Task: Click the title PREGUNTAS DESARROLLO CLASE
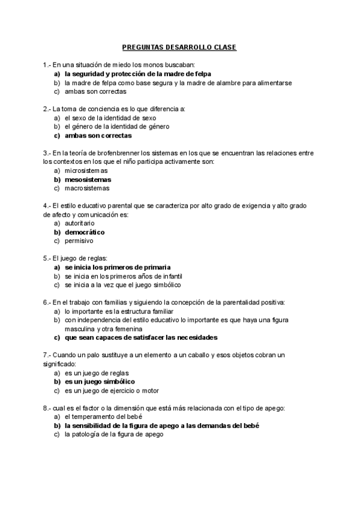[179, 46]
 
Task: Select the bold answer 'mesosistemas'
[88, 179]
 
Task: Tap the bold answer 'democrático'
[85, 232]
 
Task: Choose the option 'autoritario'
[80, 223]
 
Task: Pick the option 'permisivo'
[79, 241]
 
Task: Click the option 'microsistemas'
[86, 170]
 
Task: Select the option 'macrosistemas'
[87, 188]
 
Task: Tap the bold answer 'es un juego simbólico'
[100, 381]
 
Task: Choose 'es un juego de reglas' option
[97, 373]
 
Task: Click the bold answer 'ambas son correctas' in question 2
[98, 136]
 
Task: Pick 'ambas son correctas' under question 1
[95, 92]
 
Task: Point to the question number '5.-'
[48, 258]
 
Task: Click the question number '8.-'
[48, 408]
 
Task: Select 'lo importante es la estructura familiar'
[119, 312]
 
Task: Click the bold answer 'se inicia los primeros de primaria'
[118, 267]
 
